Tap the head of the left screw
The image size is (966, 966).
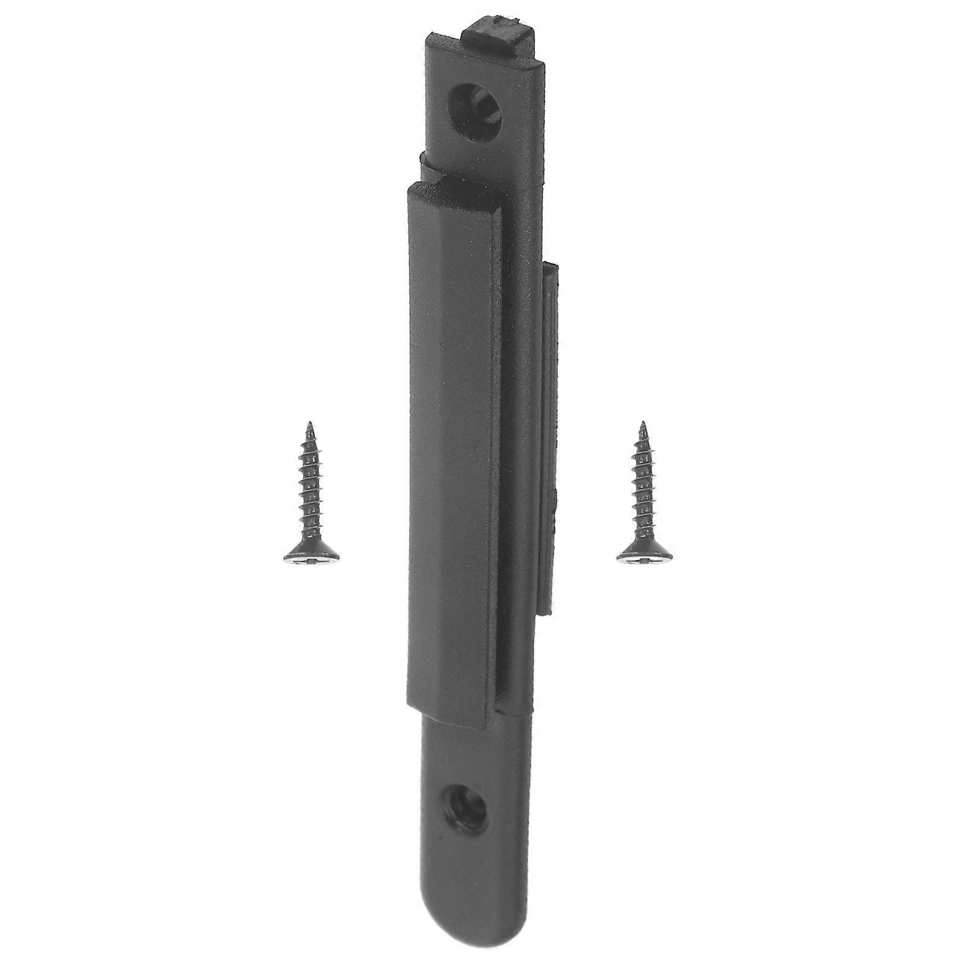point(311,555)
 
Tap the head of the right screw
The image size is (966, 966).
point(645,555)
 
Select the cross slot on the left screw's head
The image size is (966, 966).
point(310,560)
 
